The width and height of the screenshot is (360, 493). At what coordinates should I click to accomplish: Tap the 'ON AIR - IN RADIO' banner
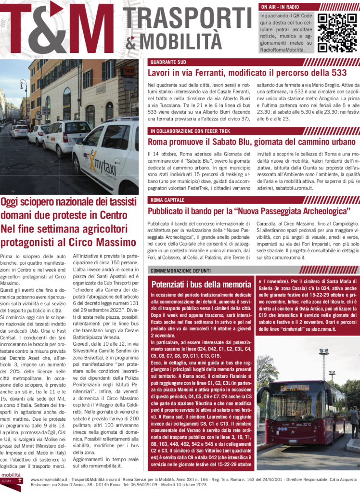point(280,7)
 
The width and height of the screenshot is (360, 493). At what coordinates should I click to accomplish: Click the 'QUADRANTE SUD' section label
point(168,63)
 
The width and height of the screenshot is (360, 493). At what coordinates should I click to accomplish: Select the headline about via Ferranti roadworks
point(247,73)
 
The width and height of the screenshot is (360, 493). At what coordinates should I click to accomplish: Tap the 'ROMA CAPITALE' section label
point(167,200)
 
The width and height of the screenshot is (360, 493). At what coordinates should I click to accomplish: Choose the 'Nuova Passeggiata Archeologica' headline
point(248,211)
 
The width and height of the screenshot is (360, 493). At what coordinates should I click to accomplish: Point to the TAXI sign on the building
point(129,71)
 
